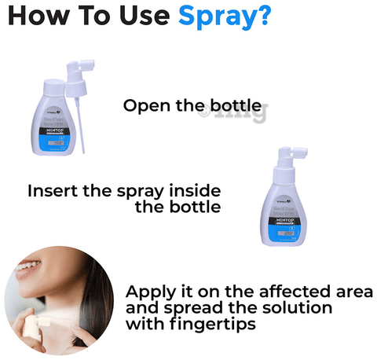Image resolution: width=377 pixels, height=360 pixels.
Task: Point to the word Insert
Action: [52, 191]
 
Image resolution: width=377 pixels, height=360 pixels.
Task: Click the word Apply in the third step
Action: [149, 291]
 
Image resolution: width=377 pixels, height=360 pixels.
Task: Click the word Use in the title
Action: [137, 16]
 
